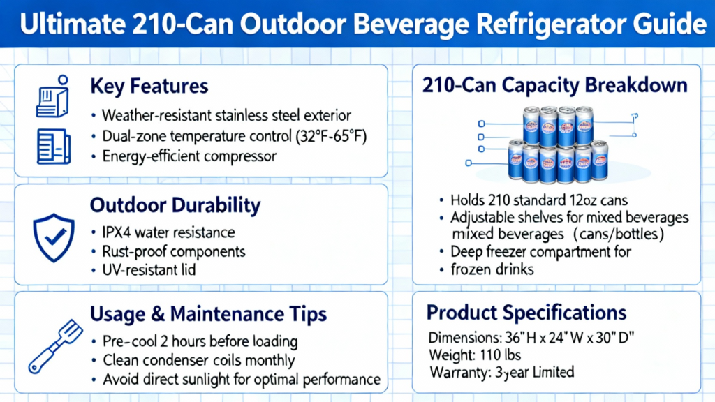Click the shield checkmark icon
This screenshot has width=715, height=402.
pyautogui.click(x=54, y=237)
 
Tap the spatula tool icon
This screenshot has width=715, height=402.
pyautogui.click(x=56, y=346)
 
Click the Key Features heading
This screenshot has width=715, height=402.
pyautogui.click(x=149, y=86)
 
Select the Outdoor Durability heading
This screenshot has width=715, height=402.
pyautogui.click(x=175, y=206)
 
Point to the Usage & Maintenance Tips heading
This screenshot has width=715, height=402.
pyautogui.click(x=208, y=314)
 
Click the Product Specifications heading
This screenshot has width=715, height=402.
pyautogui.click(x=526, y=313)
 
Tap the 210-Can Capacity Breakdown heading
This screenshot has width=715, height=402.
pyautogui.click(x=554, y=85)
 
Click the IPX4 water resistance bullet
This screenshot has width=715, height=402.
pyautogui.click(x=168, y=232)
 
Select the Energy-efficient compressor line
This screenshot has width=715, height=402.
pyautogui.click(x=189, y=156)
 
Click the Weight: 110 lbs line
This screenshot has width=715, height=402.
pyautogui.click(x=475, y=355)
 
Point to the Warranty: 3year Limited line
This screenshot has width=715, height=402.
pyautogui.click(x=502, y=373)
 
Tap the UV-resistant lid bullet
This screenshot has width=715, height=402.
pyautogui.click(x=149, y=270)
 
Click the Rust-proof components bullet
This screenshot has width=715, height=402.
pyautogui.click(x=174, y=251)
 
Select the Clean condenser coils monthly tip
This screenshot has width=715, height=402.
pyautogui.click(x=199, y=361)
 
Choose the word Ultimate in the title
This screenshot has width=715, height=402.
pyautogui.click(x=73, y=24)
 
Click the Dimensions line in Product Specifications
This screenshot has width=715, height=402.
pyautogui.click(x=531, y=338)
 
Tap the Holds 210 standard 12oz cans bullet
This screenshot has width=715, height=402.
pyautogui.click(x=539, y=200)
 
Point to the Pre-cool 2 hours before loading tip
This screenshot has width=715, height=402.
pyautogui.click(x=200, y=341)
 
